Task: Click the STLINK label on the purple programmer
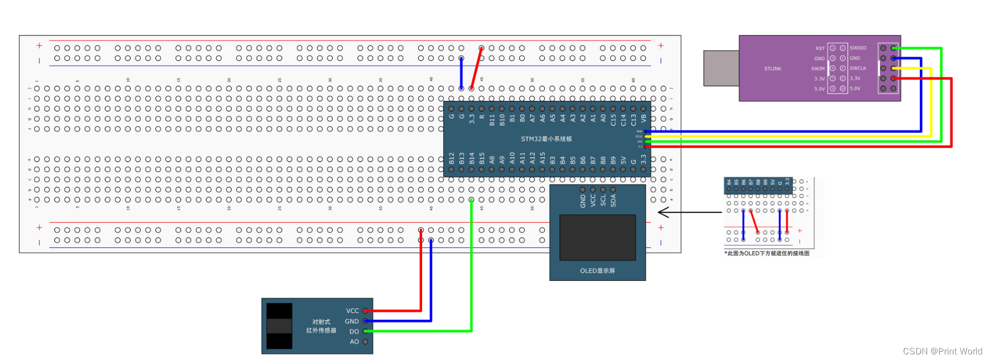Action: pyautogui.click(x=772, y=68)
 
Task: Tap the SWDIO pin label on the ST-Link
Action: pyautogui.click(x=858, y=48)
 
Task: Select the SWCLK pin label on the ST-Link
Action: pyautogui.click(x=858, y=68)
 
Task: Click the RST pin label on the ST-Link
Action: pyautogui.click(x=820, y=48)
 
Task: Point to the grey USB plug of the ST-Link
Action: pyautogui.click(x=721, y=68)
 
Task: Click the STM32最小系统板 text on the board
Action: pyautogui.click(x=546, y=139)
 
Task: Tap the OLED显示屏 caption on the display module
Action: pyautogui.click(x=597, y=271)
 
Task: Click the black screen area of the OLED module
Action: pyautogui.click(x=598, y=237)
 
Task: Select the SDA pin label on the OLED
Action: pyautogui.click(x=613, y=200)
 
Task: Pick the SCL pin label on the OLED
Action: pyautogui.click(x=603, y=200)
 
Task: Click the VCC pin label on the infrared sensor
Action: pyautogui.click(x=352, y=311)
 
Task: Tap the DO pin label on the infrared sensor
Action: pyautogui.click(x=354, y=331)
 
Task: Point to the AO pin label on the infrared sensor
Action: pyautogui.click(x=354, y=341)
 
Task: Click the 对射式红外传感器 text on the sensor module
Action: pyautogui.click(x=321, y=326)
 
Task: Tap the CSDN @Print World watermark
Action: pyautogui.click(x=942, y=351)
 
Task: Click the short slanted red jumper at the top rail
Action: pyautogui.click(x=476, y=68)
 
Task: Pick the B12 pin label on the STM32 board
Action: pyautogui.click(x=452, y=159)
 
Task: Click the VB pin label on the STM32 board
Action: pyautogui.click(x=643, y=118)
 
